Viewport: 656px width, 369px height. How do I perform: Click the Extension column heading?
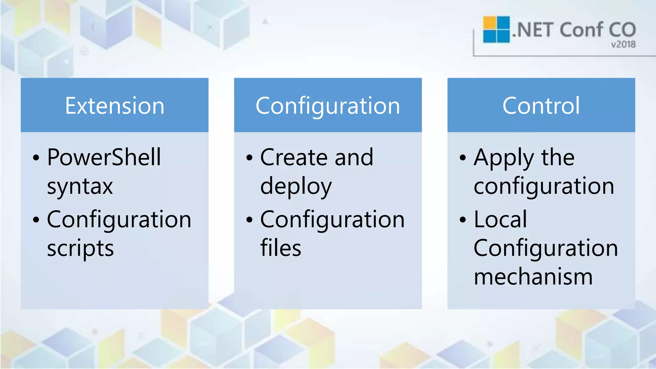click(x=115, y=106)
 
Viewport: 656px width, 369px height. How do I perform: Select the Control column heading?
click(x=541, y=106)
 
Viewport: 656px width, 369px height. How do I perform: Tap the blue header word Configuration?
click(x=328, y=106)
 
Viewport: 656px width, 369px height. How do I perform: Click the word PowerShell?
click(x=104, y=157)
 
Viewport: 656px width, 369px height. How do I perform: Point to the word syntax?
click(x=80, y=186)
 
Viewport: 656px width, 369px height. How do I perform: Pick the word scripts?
click(x=80, y=248)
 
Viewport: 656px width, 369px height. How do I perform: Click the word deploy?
click(x=296, y=186)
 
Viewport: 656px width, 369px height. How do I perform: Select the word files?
click(x=281, y=248)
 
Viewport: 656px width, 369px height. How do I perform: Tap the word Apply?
click(x=504, y=158)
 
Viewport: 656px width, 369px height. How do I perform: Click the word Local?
click(x=500, y=219)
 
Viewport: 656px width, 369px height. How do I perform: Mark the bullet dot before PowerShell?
click(x=36, y=158)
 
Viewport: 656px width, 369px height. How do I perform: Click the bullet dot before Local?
click(x=463, y=220)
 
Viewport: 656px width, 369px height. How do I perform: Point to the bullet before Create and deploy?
click(x=249, y=158)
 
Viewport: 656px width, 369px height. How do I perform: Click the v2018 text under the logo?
click(x=623, y=45)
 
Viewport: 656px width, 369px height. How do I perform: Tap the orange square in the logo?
click(x=489, y=22)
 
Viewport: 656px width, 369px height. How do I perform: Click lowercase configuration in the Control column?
click(x=544, y=186)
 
